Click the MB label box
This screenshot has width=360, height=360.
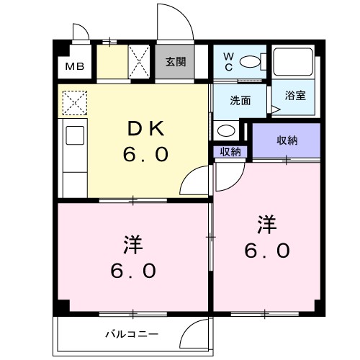click(75, 67)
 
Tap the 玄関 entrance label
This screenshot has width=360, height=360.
click(174, 62)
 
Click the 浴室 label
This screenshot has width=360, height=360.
click(294, 96)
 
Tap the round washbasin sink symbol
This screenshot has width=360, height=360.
click(225, 131)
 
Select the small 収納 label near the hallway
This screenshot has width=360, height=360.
click(230, 151)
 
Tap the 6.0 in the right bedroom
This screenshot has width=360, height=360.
click(268, 250)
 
